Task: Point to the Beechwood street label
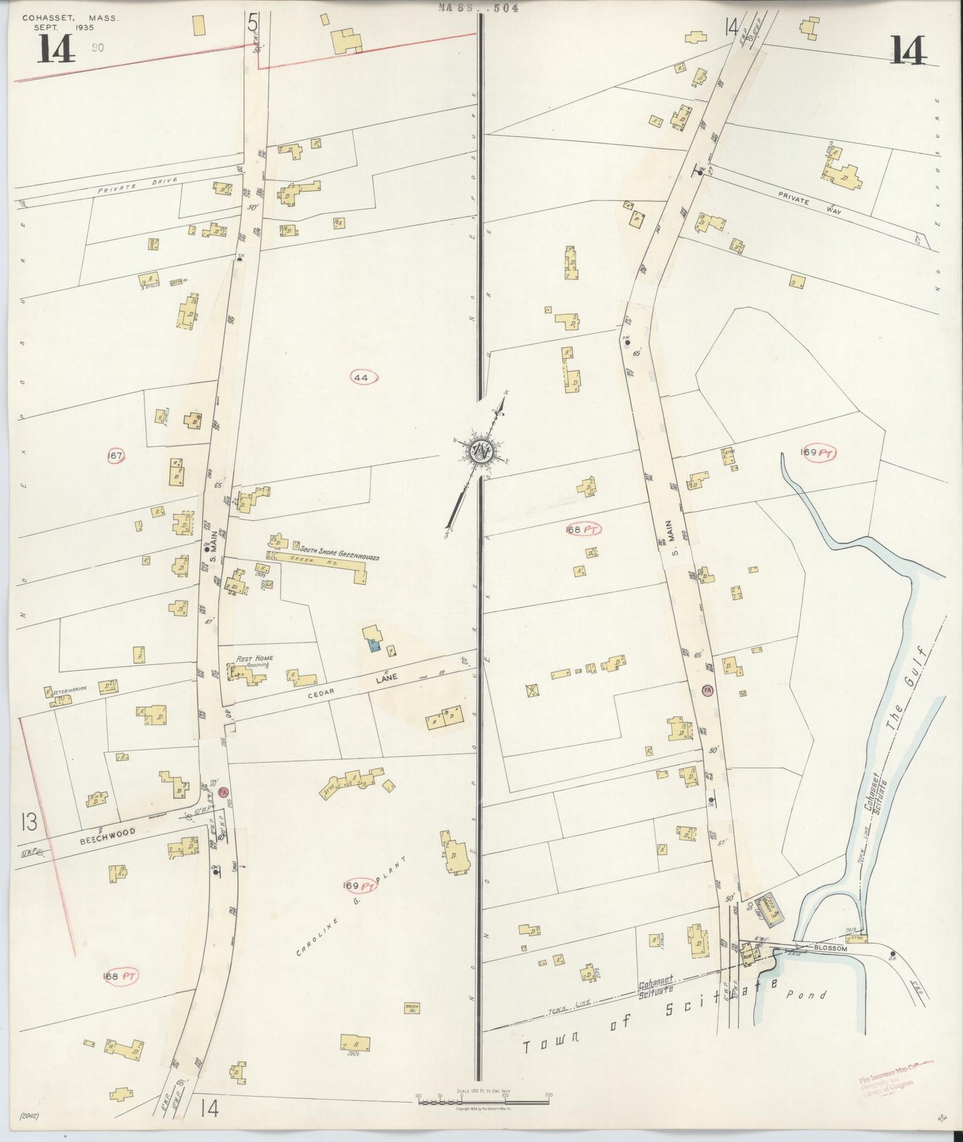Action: pos(107,832)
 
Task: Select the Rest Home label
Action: pos(251,658)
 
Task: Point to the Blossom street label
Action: pos(829,948)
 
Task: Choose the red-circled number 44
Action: pos(363,378)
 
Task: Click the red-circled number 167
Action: pos(116,456)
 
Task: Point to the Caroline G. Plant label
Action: pos(341,920)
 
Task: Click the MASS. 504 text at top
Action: pos(479,8)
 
